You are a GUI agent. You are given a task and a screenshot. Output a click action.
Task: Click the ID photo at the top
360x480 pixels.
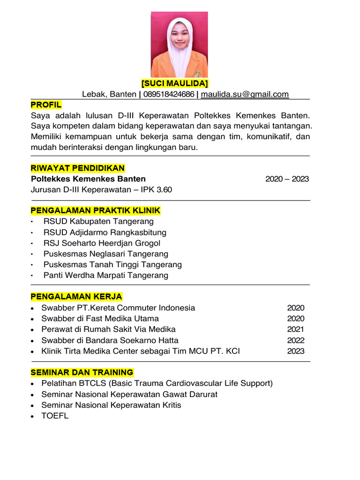pos(179,45)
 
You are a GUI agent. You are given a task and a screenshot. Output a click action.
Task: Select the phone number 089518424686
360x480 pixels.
pos(169,94)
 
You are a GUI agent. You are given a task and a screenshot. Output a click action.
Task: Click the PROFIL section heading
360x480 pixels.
pos(46,105)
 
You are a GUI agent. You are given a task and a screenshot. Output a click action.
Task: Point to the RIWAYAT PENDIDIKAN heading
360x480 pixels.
pos(78,168)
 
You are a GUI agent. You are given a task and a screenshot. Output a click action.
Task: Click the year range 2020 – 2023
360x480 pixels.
pos(287,179)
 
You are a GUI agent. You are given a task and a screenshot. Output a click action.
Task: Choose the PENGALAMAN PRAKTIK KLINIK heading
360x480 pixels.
pos(95,210)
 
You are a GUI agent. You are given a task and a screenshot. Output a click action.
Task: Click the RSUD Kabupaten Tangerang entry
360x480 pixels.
pos(98,221)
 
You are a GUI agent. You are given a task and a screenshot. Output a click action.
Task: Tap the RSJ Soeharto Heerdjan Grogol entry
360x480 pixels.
pos(102,243)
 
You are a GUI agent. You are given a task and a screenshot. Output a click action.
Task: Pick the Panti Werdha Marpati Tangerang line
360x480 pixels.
pos(105,275)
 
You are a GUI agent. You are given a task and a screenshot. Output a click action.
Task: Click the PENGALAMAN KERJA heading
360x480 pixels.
pos(76,297)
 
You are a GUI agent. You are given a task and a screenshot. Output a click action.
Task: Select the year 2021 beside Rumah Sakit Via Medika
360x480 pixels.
pos(296,330)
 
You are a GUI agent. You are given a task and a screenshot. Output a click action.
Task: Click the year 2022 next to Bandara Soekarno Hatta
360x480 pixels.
pos(296,340)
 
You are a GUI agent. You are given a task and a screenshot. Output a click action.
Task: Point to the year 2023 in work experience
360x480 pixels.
pos(296,351)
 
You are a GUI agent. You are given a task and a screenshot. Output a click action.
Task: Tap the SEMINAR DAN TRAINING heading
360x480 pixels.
pos(82,373)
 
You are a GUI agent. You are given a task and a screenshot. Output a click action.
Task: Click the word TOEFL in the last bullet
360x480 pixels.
pos(55,416)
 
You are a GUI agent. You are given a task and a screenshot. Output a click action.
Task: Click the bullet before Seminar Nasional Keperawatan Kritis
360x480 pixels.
pos(31,405)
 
